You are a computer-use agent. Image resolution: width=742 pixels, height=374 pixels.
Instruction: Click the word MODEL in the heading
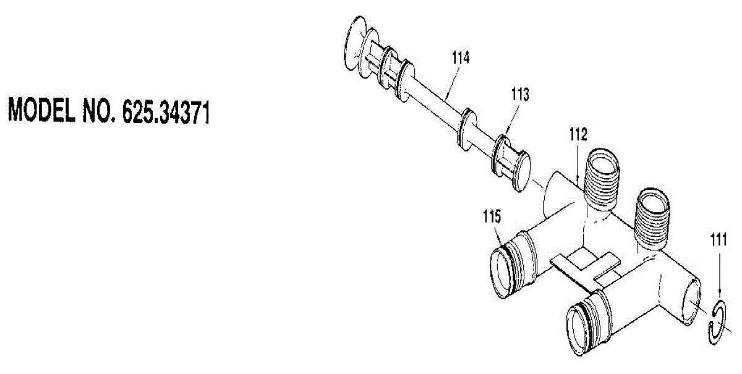click(x=41, y=110)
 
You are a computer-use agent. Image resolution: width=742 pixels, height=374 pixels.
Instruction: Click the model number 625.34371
click(x=166, y=113)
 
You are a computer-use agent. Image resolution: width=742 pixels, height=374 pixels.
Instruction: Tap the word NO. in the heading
click(x=100, y=111)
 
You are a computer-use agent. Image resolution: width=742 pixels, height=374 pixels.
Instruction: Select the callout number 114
click(x=461, y=57)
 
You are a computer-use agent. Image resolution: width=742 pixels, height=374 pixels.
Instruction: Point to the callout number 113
click(x=521, y=95)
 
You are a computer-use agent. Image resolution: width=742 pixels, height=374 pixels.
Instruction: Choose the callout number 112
click(x=578, y=134)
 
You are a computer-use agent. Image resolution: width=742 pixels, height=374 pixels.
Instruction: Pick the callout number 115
click(x=492, y=217)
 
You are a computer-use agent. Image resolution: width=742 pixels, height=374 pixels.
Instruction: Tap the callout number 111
click(x=719, y=239)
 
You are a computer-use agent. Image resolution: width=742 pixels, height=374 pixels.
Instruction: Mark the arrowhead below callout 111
click(x=719, y=292)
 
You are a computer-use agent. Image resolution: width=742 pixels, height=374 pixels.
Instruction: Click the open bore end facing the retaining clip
click(x=692, y=302)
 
